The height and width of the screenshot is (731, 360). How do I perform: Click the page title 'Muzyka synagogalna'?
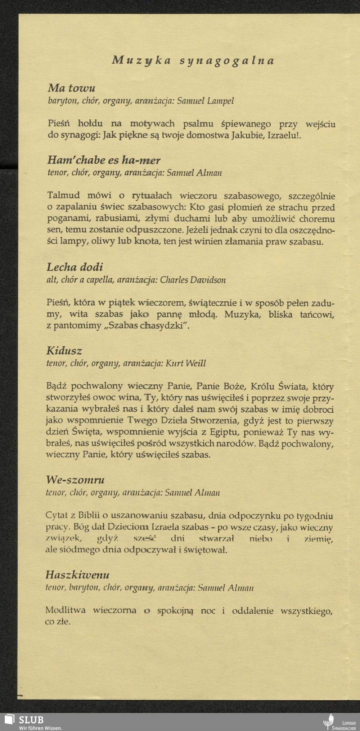point(193,60)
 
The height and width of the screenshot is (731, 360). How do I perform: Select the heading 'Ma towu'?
point(71,88)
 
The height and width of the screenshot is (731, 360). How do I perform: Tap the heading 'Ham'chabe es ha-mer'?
point(104,160)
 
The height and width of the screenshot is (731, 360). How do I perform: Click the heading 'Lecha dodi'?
point(75,267)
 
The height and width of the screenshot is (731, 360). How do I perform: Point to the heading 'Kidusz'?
point(64,351)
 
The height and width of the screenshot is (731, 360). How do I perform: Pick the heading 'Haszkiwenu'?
point(77,575)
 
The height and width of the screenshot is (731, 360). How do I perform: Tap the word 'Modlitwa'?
point(65,610)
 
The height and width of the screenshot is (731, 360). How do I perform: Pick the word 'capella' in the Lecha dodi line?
point(101,280)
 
